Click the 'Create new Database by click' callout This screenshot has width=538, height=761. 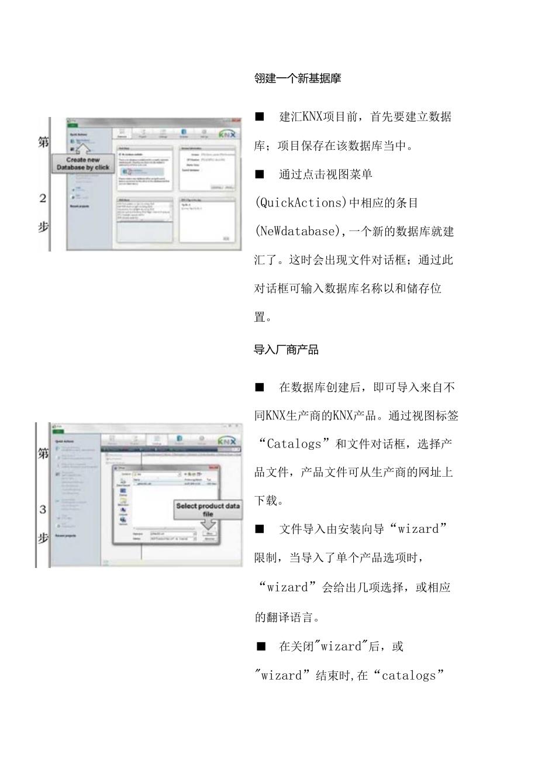pyautogui.click(x=82, y=163)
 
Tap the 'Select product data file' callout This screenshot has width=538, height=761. pyautogui.click(x=208, y=509)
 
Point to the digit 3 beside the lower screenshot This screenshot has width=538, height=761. pyautogui.click(x=43, y=509)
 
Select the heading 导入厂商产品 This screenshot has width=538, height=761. pyautogui.click(x=286, y=350)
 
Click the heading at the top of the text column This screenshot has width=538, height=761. pyautogui.click(x=298, y=79)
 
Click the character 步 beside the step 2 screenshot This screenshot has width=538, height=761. pyautogui.click(x=43, y=228)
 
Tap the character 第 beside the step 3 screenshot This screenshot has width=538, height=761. pyautogui.click(x=43, y=453)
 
